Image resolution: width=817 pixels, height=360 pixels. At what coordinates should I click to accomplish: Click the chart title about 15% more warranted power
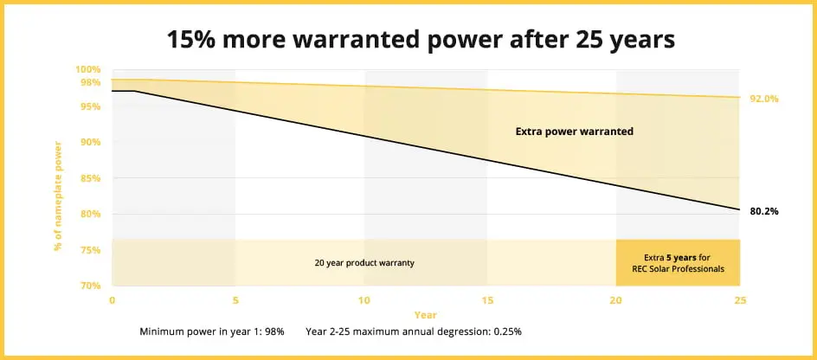pos(408,40)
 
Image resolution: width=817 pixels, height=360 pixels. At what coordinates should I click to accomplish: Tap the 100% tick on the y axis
pos(88,69)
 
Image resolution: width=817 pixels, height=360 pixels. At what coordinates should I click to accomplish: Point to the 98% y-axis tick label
pos(90,82)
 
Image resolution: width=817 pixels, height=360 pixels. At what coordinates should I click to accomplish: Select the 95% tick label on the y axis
pos(90,106)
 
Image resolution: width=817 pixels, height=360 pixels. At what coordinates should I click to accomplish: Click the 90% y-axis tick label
pos(90,142)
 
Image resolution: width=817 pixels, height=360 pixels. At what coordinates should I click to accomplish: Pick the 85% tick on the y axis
pos(90,178)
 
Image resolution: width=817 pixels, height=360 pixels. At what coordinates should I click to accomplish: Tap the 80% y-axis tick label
pos(90,214)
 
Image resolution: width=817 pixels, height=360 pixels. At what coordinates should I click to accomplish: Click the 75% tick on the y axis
pos(90,250)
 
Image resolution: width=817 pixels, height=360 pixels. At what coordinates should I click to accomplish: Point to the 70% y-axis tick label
pos(90,286)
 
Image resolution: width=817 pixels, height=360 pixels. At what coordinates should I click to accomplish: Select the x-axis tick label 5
pos(235,299)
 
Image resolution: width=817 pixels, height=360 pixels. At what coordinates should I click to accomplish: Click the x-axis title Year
pos(425,315)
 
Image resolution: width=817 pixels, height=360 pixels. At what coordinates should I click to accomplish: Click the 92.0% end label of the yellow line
pos(764,99)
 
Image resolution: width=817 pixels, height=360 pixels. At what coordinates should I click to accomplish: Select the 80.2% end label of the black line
pos(764,210)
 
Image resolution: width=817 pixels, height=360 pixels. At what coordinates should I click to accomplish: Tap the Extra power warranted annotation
pos(575,132)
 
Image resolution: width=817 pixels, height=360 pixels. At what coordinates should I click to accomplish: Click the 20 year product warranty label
pos(364,262)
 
